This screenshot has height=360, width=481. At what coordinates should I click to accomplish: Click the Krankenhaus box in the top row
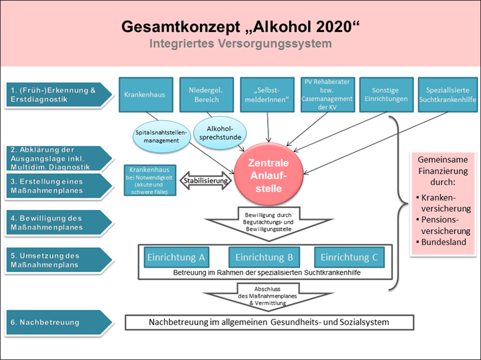click(x=144, y=95)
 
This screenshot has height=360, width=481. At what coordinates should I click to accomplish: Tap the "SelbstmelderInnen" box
click(x=266, y=95)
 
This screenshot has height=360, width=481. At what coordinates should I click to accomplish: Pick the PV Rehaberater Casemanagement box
click(x=327, y=95)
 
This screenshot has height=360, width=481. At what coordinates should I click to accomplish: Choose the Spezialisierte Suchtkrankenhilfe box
click(x=448, y=95)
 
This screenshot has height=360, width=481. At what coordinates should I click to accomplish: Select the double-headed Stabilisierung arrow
click(x=207, y=180)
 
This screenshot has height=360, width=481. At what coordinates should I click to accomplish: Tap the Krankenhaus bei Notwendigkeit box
click(x=149, y=180)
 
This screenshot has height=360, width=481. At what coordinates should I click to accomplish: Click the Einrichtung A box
click(x=176, y=257)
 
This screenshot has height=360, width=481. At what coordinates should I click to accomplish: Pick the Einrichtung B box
click(x=264, y=257)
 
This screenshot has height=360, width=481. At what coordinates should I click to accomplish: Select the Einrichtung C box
click(x=349, y=257)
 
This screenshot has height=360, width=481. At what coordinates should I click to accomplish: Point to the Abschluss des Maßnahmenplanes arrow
click(x=266, y=295)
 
